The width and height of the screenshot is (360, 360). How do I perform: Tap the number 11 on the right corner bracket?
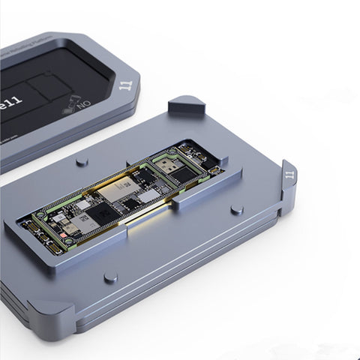[290, 177]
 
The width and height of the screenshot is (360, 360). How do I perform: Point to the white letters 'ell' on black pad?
[16, 98]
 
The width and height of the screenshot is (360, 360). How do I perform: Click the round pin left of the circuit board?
[82, 161]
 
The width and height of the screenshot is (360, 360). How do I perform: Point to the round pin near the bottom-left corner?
[110, 277]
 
